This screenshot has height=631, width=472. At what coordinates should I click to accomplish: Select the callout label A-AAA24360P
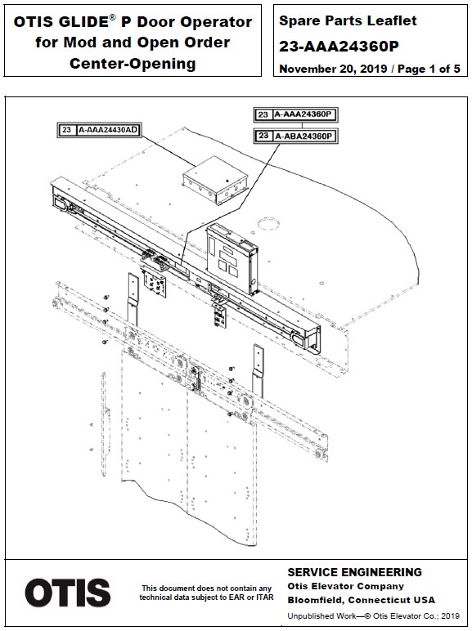306,115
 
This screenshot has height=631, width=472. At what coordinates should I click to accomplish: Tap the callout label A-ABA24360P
306,135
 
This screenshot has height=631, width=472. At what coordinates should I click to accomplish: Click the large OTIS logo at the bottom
68,593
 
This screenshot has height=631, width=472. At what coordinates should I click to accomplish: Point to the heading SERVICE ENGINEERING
355,572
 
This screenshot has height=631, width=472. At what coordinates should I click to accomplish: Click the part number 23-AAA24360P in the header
338,47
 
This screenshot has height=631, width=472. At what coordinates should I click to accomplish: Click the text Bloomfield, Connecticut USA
361,599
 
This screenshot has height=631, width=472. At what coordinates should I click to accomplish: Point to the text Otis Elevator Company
346,586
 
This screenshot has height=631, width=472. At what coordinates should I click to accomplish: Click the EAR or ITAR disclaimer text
206,593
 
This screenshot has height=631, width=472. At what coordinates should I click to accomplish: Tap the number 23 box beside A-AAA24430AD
65,129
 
